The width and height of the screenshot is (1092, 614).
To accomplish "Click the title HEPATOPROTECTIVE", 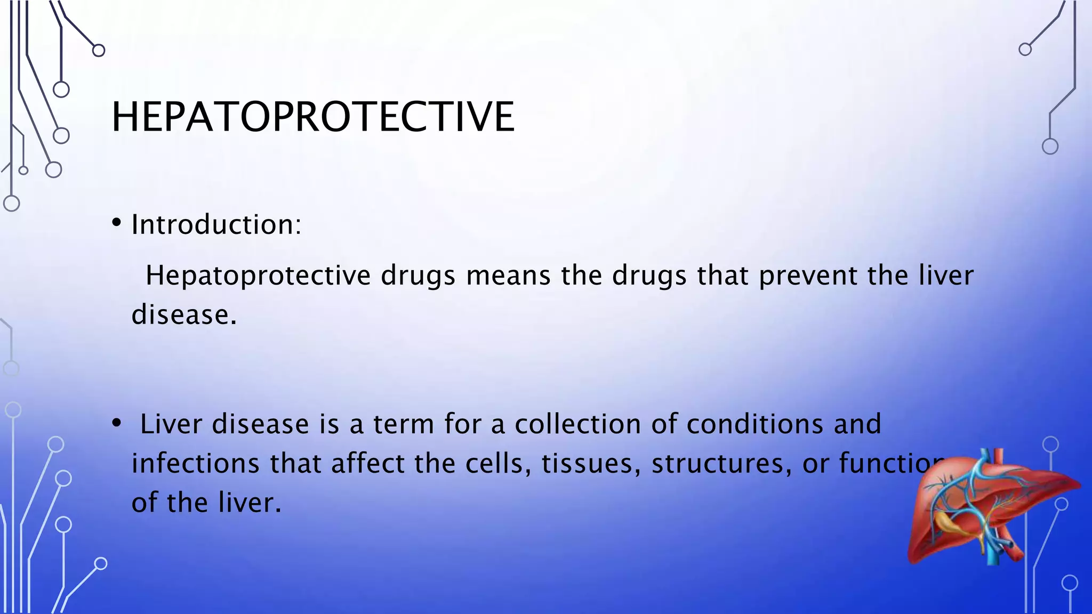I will [x=313, y=117].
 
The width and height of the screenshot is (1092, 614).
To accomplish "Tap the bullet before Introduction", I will [x=117, y=223].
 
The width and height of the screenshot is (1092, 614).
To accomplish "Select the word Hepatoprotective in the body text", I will [x=258, y=276].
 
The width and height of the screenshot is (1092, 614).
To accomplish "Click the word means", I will [x=508, y=276].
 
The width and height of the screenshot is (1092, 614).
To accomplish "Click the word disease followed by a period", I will [x=184, y=314].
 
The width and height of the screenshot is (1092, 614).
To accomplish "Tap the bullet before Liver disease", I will [x=117, y=424].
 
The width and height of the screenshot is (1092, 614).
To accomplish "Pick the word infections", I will [x=195, y=463].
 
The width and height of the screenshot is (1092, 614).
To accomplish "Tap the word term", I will [x=403, y=424].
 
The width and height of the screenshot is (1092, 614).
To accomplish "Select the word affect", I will [x=367, y=463].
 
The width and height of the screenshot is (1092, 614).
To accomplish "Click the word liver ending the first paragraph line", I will [x=946, y=276].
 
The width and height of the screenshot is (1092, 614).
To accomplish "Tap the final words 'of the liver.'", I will [x=206, y=503].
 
